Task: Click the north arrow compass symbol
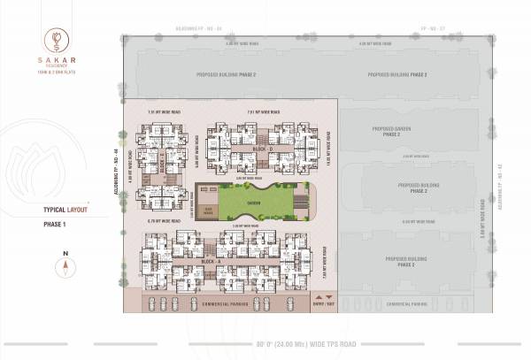tap(65, 264)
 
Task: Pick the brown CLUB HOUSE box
tap(207, 210)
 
